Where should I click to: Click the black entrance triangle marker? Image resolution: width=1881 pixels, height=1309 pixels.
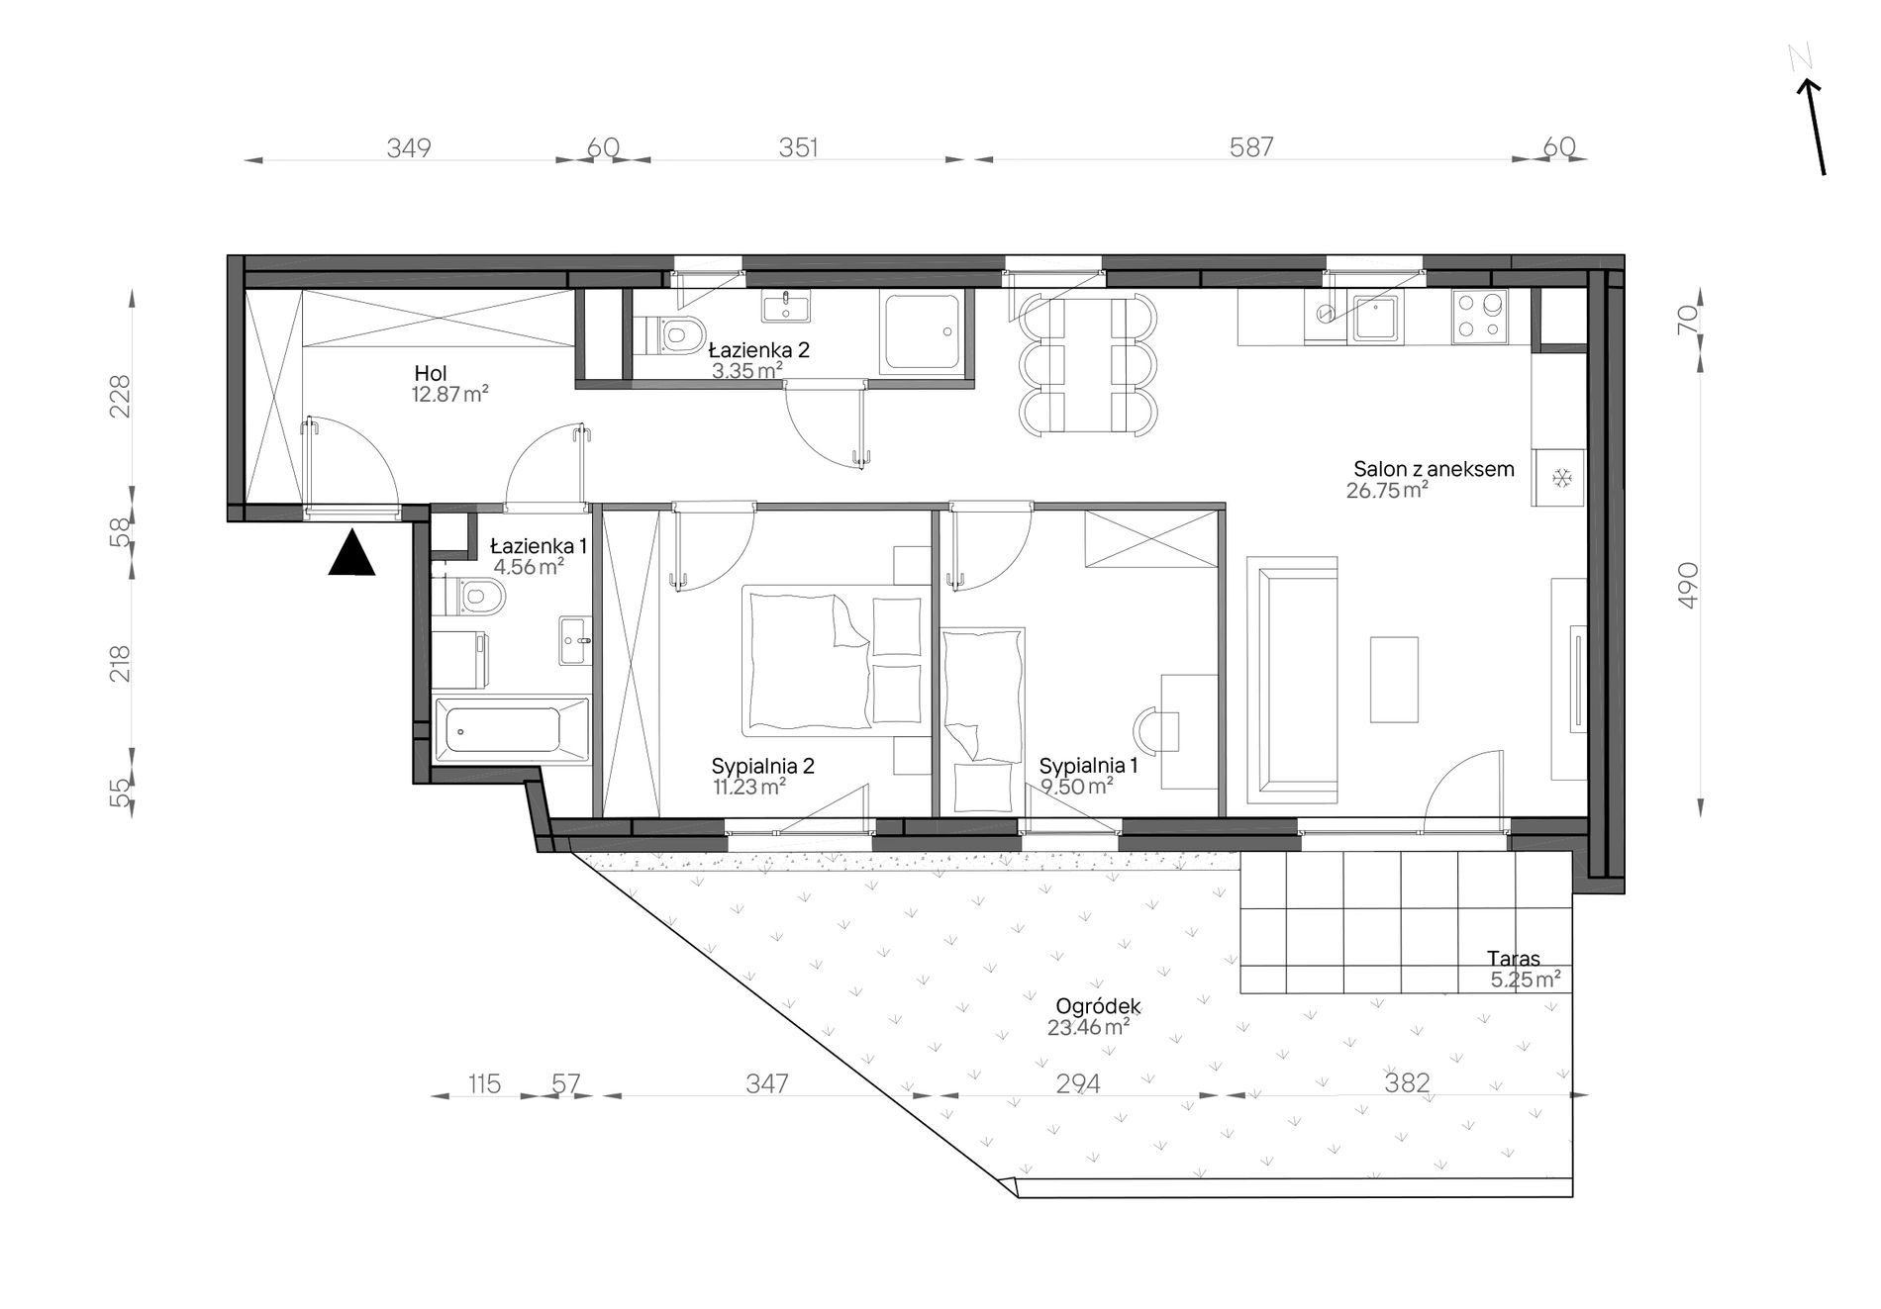pyautogui.click(x=351, y=554)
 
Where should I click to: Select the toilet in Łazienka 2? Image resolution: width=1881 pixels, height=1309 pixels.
pyautogui.click(x=672, y=334)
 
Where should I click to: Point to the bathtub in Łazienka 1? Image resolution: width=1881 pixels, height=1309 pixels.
pyautogui.click(x=512, y=729)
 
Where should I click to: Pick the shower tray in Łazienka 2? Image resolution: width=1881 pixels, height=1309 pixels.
pyautogui.click(x=921, y=331)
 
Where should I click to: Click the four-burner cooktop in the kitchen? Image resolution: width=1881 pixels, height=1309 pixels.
pyautogui.click(x=1480, y=317)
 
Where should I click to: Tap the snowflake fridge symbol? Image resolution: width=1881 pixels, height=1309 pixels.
pyautogui.click(x=1561, y=479)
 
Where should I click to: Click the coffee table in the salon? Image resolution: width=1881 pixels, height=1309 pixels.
pyautogui.click(x=1394, y=679)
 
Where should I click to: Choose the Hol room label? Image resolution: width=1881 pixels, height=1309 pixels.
pyautogui.click(x=431, y=374)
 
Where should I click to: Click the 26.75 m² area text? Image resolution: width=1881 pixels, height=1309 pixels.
pyautogui.click(x=1387, y=490)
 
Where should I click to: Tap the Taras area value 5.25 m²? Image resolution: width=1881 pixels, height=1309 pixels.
pyautogui.click(x=1526, y=980)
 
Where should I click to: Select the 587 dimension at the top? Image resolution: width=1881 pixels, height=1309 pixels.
pyautogui.click(x=1251, y=147)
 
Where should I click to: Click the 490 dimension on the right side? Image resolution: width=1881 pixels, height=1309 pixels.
pyautogui.click(x=1688, y=585)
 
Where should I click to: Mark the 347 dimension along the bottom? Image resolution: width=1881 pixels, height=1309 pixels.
pyautogui.click(x=767, y=1083)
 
